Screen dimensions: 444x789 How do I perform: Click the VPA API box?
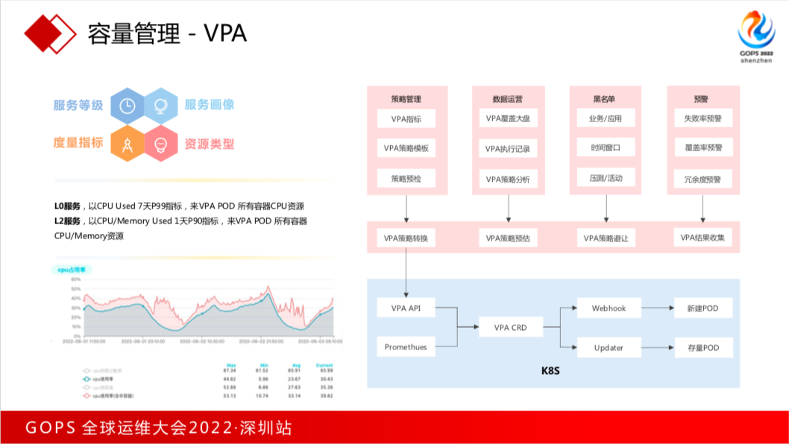406,308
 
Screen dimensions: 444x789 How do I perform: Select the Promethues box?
406,346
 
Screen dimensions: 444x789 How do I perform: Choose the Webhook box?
609,308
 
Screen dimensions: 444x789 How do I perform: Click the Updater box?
609,346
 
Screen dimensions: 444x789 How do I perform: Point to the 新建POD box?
702,308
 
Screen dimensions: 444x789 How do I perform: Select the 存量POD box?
702,346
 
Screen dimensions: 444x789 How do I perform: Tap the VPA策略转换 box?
406,238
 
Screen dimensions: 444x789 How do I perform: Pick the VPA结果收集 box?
702,238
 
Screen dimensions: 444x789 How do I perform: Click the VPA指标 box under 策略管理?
406,118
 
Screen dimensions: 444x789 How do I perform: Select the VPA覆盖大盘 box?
508,118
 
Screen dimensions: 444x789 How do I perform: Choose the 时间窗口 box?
606,148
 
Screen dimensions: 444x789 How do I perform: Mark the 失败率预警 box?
702,118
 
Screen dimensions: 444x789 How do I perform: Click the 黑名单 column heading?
606,98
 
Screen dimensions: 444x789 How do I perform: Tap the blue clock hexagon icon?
127,106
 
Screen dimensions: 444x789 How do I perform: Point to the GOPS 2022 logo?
756,37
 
